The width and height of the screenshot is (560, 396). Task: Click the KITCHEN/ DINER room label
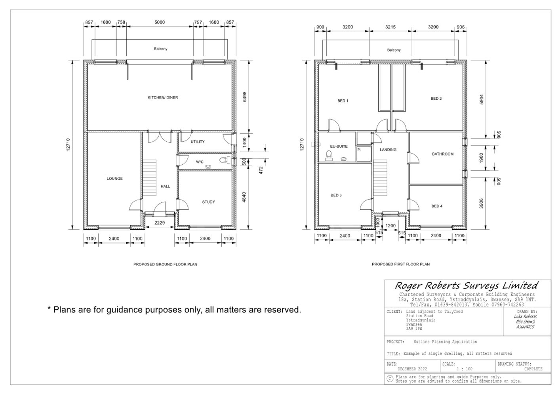coord(163,97)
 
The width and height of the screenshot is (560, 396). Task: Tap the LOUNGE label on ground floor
coord(114,179)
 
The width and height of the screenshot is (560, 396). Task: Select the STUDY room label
coord(208,202)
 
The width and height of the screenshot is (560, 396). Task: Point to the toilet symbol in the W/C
coord(224,160)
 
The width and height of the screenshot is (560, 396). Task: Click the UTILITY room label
coord(198,142)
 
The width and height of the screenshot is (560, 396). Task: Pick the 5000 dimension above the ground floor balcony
coord(160,23)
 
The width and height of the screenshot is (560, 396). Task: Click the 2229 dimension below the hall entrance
coord(160,223)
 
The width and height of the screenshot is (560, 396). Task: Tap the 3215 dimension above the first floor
coord(390,27)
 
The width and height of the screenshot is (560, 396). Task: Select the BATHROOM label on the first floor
coord(442,154)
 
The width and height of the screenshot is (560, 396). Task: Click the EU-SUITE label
coord(339,147)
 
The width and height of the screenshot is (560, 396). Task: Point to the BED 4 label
coord(437,206)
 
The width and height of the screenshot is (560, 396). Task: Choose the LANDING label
coord(388,150)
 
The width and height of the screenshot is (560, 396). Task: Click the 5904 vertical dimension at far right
coord(481,99)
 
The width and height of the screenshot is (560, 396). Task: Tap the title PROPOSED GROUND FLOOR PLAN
coord(165,264)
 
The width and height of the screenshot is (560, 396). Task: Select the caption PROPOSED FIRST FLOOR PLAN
coord(400,264)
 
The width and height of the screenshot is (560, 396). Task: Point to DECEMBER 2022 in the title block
coord(412,369)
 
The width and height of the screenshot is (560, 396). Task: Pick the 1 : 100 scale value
coord(464,369)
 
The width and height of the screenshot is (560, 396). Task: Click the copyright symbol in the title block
coord(390,379)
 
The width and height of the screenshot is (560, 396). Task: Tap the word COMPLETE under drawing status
coord(533,369)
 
